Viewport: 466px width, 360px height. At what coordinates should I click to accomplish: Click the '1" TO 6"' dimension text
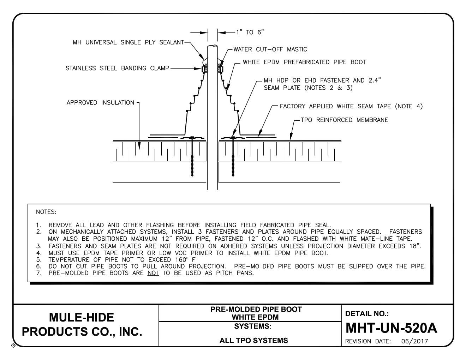(x=250, y=32)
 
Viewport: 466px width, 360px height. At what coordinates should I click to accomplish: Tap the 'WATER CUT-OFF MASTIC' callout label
(x=270, y=49)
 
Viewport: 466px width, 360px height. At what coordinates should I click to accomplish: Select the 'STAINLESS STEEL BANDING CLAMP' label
(x=118, y=68)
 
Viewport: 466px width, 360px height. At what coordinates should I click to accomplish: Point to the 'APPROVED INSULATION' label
(x=101, y=103)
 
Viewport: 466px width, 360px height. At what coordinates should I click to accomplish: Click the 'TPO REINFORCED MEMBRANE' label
(x=344, y=120)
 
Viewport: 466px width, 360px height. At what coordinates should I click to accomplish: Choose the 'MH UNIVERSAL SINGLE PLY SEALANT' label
(x=128, y=43)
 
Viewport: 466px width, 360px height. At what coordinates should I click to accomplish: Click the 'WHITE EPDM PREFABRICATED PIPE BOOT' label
(x=304, y=62)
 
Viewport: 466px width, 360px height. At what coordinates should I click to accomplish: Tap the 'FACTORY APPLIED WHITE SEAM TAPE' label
(x=351, y=106)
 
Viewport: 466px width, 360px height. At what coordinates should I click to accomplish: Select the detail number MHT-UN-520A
(x=391, y=328)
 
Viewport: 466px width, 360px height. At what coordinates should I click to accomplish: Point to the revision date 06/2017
(x=414, y=341)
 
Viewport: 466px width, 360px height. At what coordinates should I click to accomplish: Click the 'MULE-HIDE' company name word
(x=82, y=317)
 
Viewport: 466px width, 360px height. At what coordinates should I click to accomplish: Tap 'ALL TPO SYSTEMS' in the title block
(x=253, y=341)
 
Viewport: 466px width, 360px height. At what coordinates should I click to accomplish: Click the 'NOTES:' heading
(x=46, y=212)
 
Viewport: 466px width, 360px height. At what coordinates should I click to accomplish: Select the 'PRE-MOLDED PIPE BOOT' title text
(x=256, y=309)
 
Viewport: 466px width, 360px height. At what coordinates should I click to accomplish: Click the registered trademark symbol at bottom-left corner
(x=13, y=347)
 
